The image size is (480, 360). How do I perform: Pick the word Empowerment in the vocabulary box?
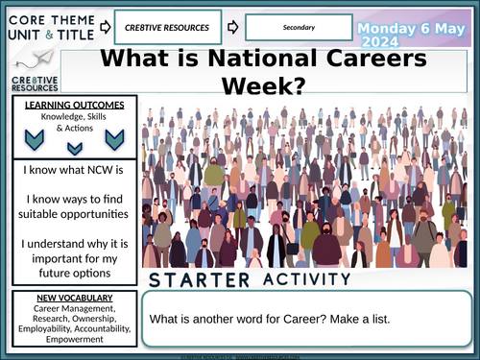pyautogui.click(x=68, y=337)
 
